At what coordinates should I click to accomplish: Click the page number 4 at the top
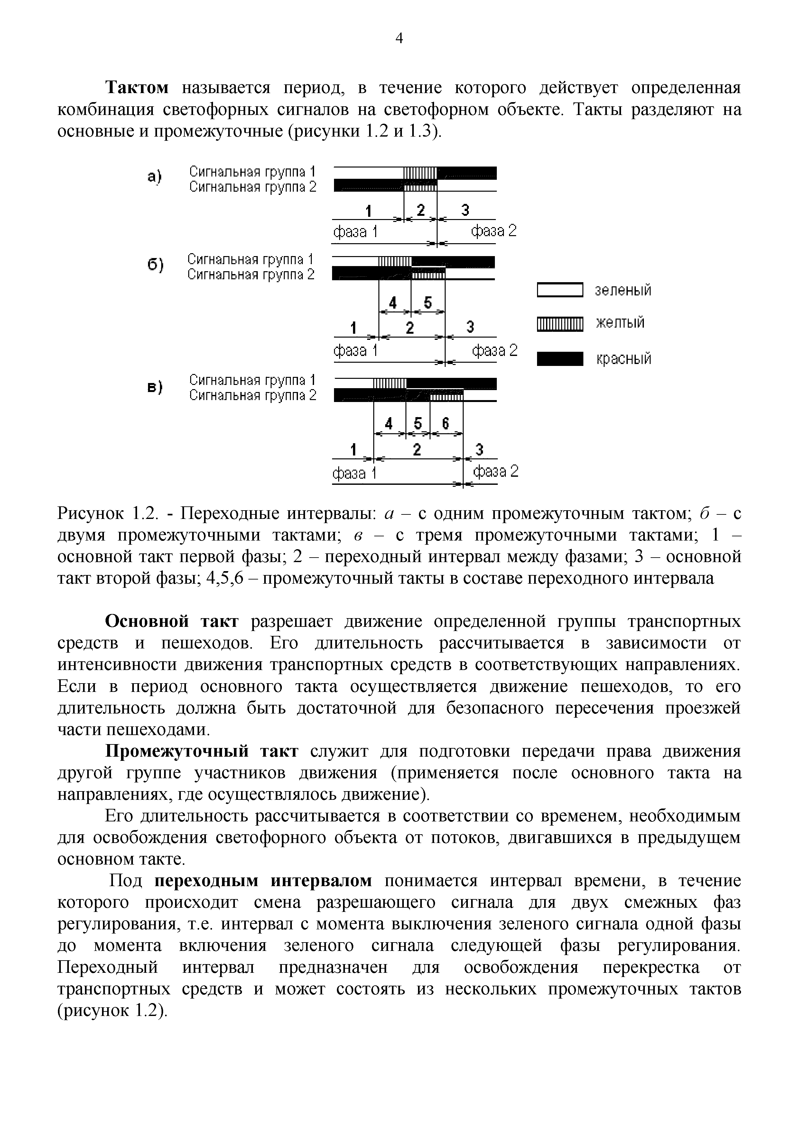tap(399, 38)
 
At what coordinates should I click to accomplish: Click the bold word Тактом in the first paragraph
tap(138, 88)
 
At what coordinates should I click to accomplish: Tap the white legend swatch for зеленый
tap(560, 290)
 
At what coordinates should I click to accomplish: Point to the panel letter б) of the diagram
tap(154, 265)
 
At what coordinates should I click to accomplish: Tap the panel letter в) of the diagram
tap(154, 387)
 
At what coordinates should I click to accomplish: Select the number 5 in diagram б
tap(427, 302)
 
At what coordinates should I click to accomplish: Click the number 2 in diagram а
tap(421, 210)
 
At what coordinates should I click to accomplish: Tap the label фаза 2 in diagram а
tap(494, 231)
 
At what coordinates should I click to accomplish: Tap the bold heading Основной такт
tap(172, 622)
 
